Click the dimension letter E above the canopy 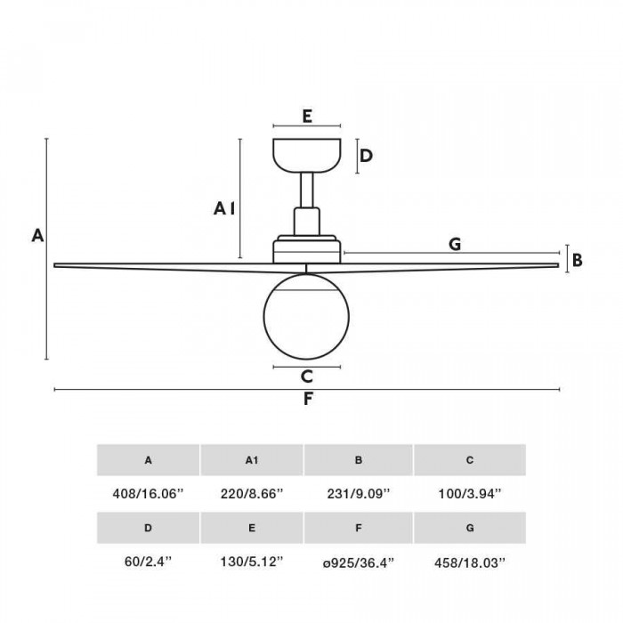(307, 116)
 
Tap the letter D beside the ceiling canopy (366, 156)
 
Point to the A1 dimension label (224, 208)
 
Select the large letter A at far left (37, 236)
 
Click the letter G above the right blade (455, 244)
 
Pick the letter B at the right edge (578, 260)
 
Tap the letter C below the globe (307, 376)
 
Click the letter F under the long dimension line (308, 399)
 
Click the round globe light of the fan (306, 316)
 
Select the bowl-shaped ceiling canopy (307, 156)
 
